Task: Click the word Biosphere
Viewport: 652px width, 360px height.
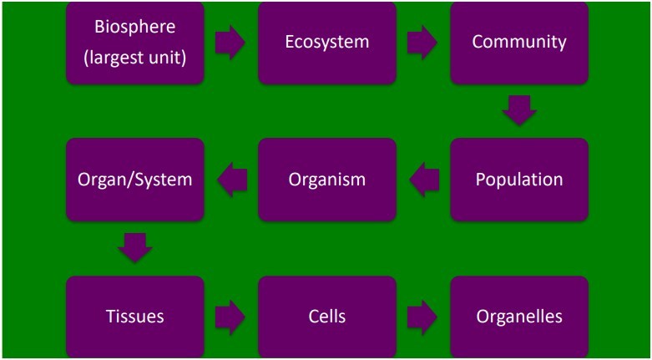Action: click(x=135, y=27)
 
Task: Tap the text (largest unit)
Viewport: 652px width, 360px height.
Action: click(x=135, y=57)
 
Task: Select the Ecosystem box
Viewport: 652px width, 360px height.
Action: click(x=326, y=43)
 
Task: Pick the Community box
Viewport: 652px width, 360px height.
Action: click(x=519, y=43)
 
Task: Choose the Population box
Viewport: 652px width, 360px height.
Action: click(x=519, y=180)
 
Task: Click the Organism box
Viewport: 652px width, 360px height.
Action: click(x=326, y=180)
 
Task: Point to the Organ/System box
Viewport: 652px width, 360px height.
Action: click(x=135, y=180)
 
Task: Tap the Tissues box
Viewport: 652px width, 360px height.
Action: click(x=135, y=317)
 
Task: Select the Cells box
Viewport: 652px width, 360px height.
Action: click(x=326, y=317)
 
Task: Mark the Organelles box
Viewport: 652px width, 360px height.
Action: click(x=519, y=317)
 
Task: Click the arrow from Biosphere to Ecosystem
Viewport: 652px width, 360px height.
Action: click(x=230, y=43)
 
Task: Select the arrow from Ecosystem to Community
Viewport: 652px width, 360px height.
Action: click(x=422, y=43)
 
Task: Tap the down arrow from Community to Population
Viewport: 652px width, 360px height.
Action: click(x=519, y=111)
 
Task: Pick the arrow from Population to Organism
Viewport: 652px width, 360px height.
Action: click(x=424, y=180)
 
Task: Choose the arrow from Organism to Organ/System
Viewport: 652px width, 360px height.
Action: click(x=232, y=180)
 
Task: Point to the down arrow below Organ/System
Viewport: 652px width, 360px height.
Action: click(x=135, y=247)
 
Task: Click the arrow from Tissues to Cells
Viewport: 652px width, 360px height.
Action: click(x=230, y=317)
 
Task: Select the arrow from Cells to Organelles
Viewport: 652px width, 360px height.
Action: click(x=422, y=317)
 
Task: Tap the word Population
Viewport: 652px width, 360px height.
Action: click(x=519, y=180)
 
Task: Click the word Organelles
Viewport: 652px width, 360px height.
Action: click(x=519, y=317)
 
